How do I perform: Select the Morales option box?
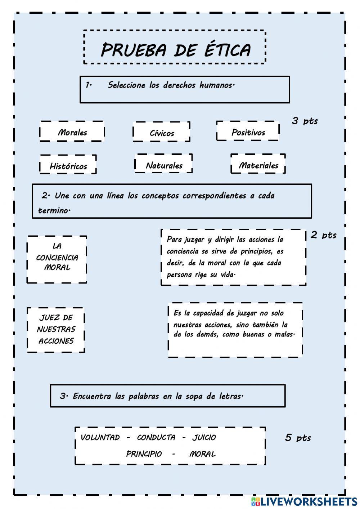coord(72,132)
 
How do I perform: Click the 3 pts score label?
coord(305,121)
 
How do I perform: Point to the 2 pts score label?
coord(323,235)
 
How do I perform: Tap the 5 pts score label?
coord(298,437)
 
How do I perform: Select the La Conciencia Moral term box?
coord(57,259)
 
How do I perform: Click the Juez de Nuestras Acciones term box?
coord(56,329)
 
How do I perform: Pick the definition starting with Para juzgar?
coord(233,257)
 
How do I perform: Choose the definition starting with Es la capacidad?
coord(235,329)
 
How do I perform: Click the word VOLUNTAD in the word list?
coord(100,437)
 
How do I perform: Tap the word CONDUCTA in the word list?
coord(156,437)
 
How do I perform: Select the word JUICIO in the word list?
coord(204,437)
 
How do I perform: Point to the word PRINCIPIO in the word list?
coord(144,454)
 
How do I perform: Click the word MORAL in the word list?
coord(202,454)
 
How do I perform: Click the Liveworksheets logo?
coord(304,501)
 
